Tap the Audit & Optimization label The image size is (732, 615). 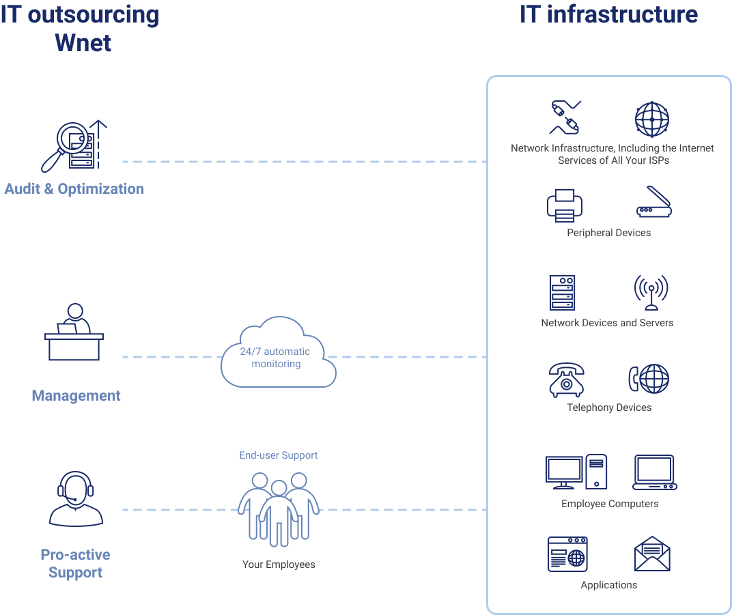[74, 189]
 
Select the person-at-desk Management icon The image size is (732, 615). [74, 332]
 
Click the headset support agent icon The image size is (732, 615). [76, 499]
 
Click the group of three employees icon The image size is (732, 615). [279, 509]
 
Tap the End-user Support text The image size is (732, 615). [278, 455]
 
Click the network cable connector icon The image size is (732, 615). [565, 117]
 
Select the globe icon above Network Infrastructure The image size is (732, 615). [652, 119]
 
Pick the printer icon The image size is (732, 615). [565, 205]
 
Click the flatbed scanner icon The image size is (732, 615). [654, 202]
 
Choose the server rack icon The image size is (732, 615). [562, 293]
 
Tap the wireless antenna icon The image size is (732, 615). [651, 293]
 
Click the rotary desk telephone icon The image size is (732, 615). [566, 380]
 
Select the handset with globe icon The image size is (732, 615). [649, 378]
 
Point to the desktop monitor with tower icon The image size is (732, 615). [576, 472]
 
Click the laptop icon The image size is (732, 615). [655, 472]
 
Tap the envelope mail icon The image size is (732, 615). [652, 554]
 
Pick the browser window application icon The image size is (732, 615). [567, 554]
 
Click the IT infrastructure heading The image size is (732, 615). [609, 14]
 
